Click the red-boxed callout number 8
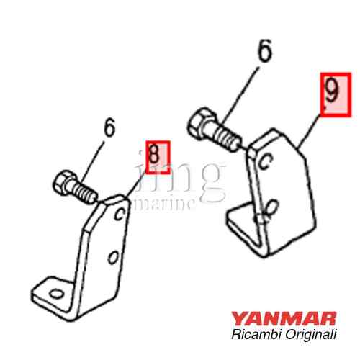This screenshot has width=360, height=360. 158,157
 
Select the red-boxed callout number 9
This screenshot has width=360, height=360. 336,95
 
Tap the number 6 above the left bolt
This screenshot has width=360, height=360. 109,127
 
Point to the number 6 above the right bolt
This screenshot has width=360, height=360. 265,50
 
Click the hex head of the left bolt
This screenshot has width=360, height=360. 62,183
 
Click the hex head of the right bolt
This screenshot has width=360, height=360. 200,123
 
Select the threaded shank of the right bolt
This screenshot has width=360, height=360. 227,138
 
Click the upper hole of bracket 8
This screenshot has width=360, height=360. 120,214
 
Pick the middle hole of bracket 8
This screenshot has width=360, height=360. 113,257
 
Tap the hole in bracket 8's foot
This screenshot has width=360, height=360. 56,294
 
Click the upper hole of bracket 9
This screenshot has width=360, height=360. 266,161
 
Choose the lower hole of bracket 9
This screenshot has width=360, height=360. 271,207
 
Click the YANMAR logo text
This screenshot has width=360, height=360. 284,318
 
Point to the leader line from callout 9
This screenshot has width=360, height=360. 310,131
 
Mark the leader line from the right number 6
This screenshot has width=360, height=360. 240,95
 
